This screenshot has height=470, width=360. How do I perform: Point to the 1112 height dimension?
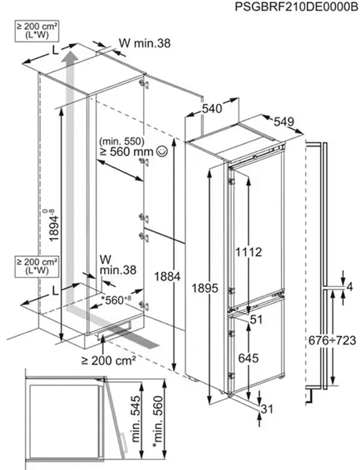coord(248,253)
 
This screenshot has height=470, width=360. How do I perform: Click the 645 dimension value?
coord(248,358)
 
